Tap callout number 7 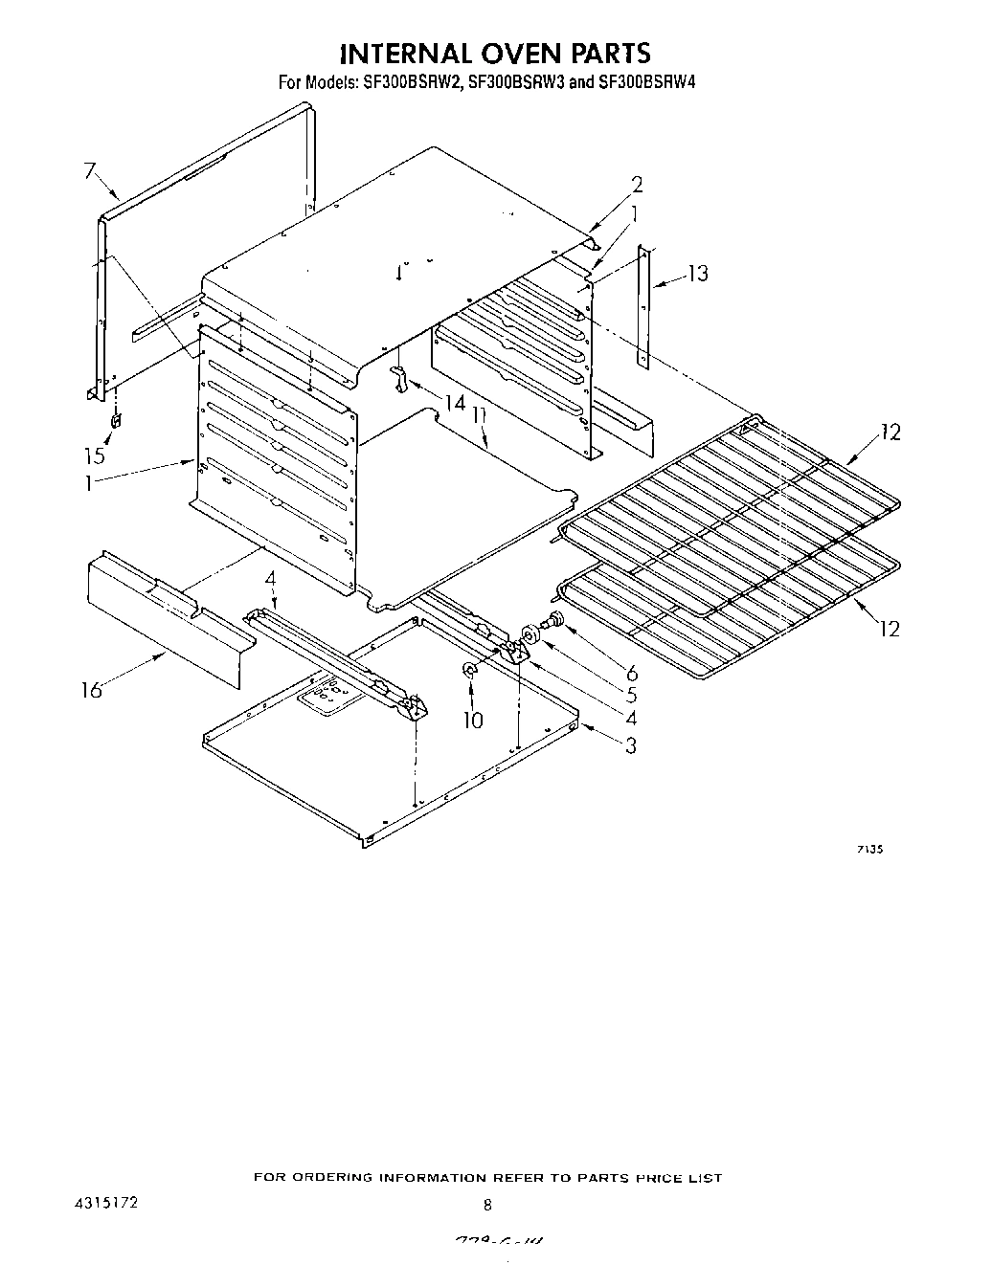click(x=91, y=172)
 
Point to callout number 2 click(x=636, y=186)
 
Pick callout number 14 click(x=455, y=403)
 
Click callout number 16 click(x=91, y=689)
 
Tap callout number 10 click(x=473, y=720)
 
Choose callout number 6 click(x=632, y=674)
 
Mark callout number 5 click(x=631, y=696)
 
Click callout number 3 click(x=630, y=745)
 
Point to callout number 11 click(x=480, y=418)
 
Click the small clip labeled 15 click(x=117, y=420)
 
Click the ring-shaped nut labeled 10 click(x=469, y=672)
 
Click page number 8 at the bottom click(x=488, y=1205)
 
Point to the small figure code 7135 click(x=868, y=849)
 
